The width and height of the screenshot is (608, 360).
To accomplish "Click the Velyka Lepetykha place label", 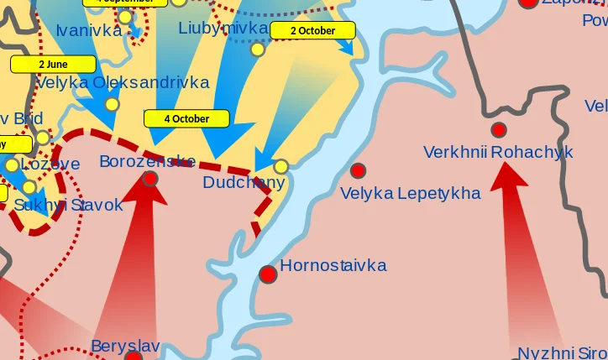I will [x=410, y=194].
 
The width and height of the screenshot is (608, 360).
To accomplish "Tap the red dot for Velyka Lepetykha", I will [x=359, y=170].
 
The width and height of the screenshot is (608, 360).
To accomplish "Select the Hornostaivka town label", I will [x=333, y=266].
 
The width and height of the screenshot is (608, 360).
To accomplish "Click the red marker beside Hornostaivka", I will [x=268, y=274].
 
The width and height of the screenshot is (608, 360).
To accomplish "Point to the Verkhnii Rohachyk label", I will [x=498, y=153].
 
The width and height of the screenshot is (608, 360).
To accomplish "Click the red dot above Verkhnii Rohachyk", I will [x=499, y=129].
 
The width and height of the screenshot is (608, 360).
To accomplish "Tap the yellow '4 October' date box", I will [x=186, y=118].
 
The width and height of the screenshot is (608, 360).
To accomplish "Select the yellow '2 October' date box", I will [x=312, y=30].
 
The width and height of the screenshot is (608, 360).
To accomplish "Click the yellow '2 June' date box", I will [x=53, y=64].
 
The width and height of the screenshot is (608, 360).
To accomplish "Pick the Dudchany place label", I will [x=244, y=183].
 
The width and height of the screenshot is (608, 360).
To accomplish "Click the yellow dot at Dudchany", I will [x=281, y=166].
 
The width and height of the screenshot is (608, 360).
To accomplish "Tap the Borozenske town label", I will [x=147, y=162].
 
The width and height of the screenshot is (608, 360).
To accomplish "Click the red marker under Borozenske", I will [x=150, y=178].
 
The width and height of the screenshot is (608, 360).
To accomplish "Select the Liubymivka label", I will [x=223, y=29].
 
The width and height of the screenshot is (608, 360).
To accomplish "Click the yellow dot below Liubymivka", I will [x=258, y=49].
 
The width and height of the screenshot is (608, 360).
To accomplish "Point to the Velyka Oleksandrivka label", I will [x=123, y=83].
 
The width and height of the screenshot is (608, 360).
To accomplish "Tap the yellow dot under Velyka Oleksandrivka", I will [x=112, y=104].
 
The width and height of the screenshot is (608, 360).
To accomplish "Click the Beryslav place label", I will [x=125, y=346].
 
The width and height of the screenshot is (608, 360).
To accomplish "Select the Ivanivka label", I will [x=89, y=31].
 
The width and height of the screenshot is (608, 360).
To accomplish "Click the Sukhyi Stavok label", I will [x=68, y=205].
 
